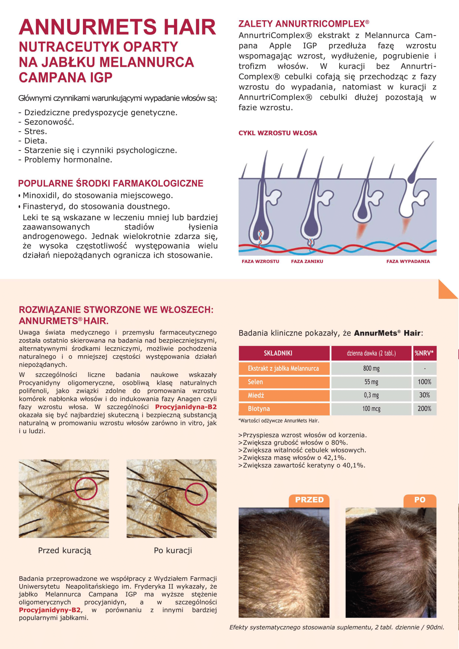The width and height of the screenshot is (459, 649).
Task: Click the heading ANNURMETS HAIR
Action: pos(117,27)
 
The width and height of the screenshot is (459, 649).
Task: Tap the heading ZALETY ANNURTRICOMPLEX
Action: pos(304,24)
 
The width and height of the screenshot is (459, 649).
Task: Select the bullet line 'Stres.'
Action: pos(36,132)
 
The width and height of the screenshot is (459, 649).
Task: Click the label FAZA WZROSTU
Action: pos(260,261)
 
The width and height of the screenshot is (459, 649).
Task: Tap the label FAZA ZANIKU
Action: pos(307,261)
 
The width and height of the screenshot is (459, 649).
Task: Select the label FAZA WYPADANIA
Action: pos(408,261)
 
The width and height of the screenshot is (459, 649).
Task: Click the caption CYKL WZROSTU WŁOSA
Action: pos(278,133)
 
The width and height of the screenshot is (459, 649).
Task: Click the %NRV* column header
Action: pos(424,353)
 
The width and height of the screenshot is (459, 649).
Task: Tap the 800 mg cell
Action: pos(371,368)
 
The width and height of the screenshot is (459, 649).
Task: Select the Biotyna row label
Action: pos(259,408)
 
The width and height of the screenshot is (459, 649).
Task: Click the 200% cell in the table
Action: pos(424,408)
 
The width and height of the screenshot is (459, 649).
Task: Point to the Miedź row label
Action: pos(256,395)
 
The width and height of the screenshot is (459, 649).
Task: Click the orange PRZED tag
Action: pos(309,500)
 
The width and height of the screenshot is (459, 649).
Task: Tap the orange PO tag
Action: pos(420,500)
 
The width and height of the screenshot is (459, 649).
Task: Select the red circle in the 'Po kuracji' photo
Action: pos(196,494)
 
